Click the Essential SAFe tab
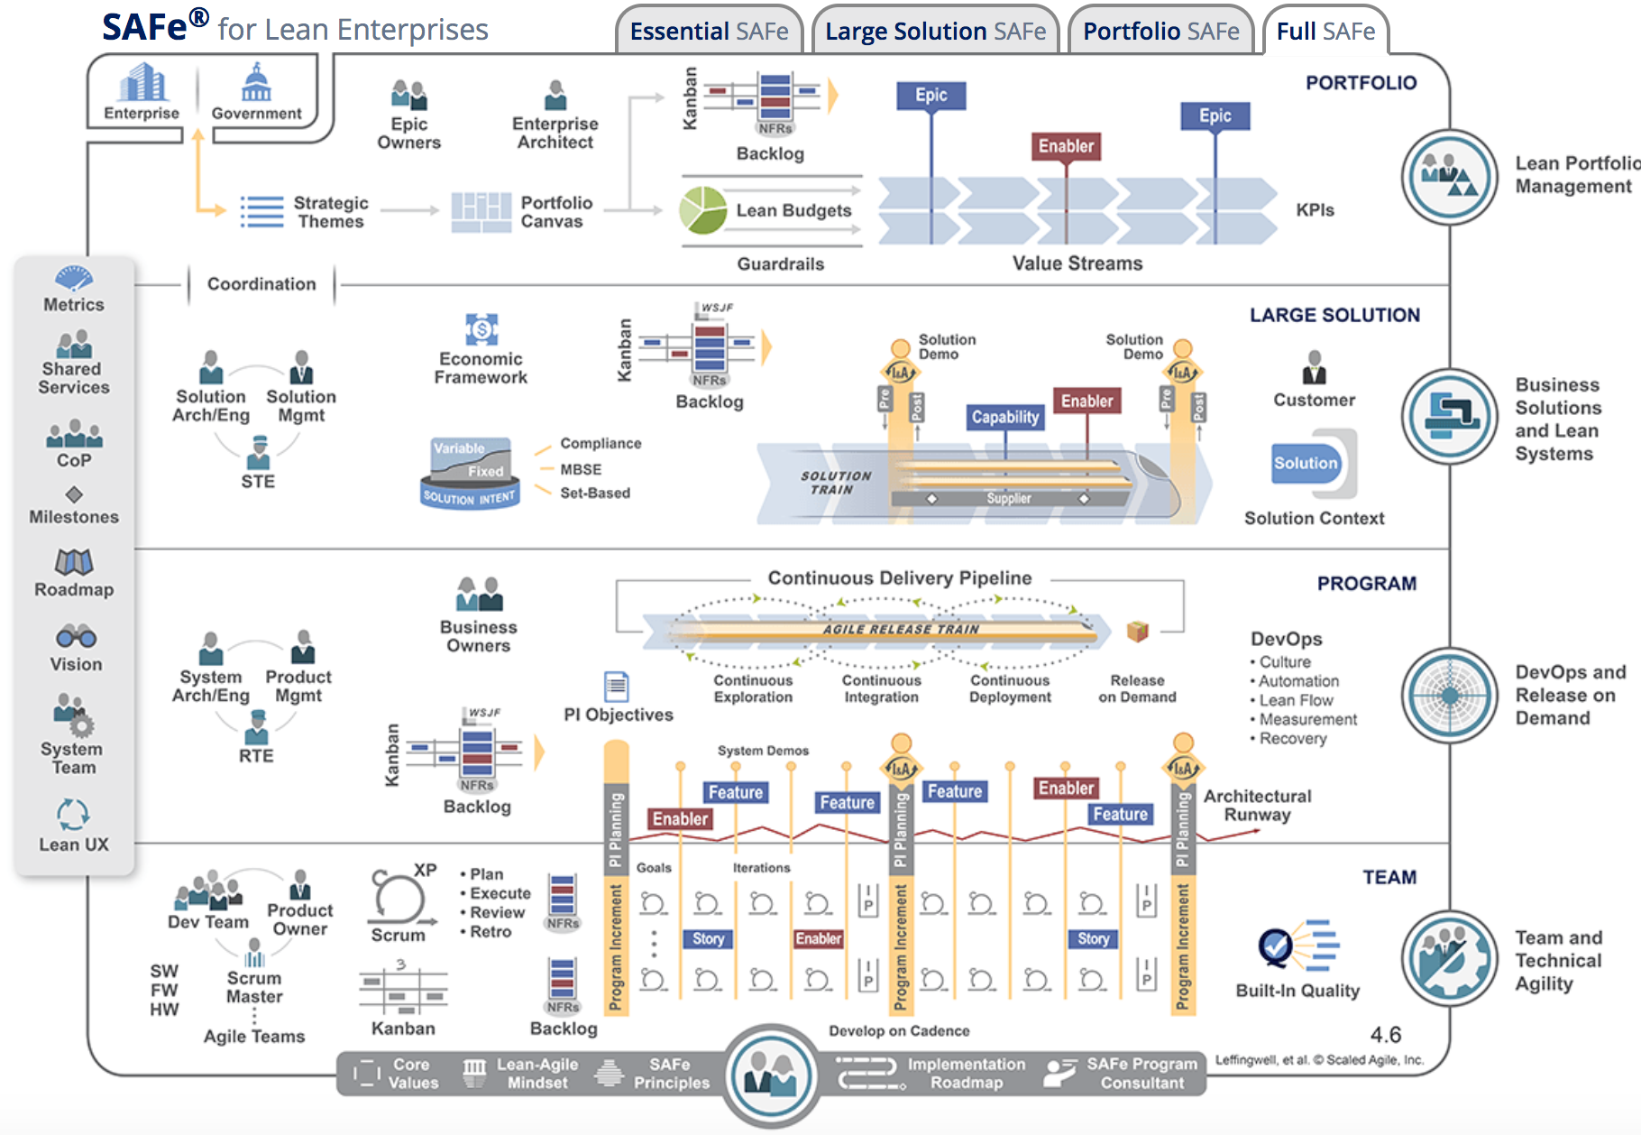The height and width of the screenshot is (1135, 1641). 709,32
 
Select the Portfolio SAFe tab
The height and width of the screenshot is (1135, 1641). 1160,32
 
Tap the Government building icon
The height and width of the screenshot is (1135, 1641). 256,83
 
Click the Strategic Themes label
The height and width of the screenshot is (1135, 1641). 330,212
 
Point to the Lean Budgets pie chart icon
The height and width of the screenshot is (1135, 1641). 703,209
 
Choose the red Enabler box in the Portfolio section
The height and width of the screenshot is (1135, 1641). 1066,146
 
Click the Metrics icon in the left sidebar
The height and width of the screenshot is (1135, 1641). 74,277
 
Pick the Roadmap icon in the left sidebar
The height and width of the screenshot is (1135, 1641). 74,562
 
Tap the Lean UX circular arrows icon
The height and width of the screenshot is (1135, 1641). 73,814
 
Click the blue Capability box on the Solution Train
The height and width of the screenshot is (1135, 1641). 1005,417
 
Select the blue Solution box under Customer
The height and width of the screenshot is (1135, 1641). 1306,463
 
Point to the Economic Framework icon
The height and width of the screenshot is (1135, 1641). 481,329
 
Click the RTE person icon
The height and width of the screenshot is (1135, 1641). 257,726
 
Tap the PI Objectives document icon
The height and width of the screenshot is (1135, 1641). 617,687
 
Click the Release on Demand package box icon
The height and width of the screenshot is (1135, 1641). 1138,631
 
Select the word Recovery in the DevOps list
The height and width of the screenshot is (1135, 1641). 1293,739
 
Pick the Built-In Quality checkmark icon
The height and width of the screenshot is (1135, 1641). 1276,946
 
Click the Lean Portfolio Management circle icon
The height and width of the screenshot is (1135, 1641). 1449,177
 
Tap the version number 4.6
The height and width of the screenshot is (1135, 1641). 1386,1035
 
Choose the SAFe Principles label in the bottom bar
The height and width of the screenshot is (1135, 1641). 671,1074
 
